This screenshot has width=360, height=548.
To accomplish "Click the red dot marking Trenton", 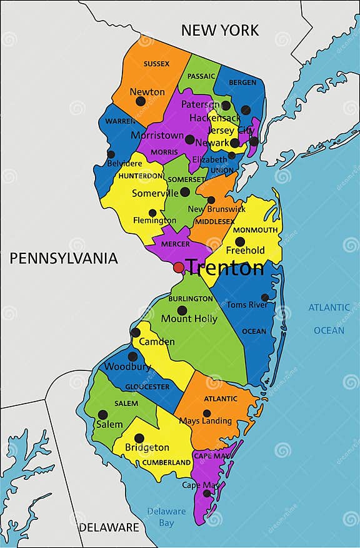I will (x=179, y=268).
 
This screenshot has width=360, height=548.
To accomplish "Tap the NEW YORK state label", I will (x=219, y=30).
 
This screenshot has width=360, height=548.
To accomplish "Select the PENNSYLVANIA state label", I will (x=63, y=258).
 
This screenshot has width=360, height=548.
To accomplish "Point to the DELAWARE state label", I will (x=109, y=527).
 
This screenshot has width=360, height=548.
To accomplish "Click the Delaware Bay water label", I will (x=167, y=517).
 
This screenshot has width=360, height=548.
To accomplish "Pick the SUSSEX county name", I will (x=156, y=64).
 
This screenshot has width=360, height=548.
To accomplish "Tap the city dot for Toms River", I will (x=265, y=298).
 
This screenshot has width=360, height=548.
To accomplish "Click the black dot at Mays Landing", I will (x=207, y=413).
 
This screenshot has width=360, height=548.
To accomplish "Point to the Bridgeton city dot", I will (x=139, y=439).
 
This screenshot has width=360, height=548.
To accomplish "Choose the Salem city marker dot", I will (x=102, y=414).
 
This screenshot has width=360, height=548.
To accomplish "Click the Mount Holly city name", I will (x=189, y=319).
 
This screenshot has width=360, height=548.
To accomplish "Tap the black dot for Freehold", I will (x=240, y=241).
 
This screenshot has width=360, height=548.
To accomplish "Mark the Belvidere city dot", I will (x=111, y=154).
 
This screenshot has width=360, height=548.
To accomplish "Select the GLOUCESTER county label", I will (x=147, y=387).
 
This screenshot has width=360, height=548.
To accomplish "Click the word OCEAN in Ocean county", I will (x=254, y=332).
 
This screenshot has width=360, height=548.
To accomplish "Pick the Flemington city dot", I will (x=152, y=213).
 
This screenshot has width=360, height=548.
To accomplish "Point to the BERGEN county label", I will (x=242, y=83).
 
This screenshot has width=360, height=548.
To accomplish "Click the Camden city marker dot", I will (x=136, y=332).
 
